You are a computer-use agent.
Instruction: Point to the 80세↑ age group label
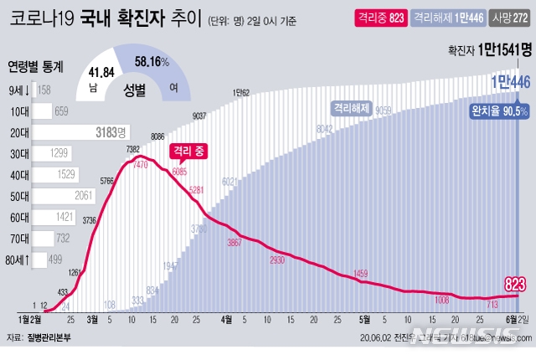click(x=19, y=260)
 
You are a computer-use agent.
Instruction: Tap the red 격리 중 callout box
click(x=188, y=151)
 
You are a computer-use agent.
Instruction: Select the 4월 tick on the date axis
click(x=227, y=319)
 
